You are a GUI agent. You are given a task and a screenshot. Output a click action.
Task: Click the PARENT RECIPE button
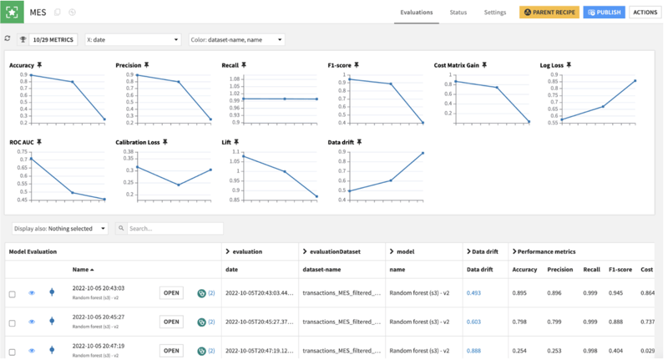point(549,13)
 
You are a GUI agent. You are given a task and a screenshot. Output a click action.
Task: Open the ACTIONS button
point(645,13)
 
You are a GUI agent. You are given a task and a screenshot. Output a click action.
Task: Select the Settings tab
point(495,13)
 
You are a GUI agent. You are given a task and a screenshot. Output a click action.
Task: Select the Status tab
point(458,13)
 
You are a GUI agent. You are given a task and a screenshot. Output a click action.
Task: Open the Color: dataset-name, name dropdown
point(236,39)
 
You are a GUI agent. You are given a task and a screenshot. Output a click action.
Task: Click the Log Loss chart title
point(551,64)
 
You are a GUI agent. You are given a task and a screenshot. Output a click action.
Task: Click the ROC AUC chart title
point(22,143)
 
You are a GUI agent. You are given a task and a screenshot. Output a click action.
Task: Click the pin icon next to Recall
point(243,64)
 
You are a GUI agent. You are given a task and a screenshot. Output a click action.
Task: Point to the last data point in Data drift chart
point(423,153)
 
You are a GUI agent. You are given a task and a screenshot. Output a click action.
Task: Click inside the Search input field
point(174,228)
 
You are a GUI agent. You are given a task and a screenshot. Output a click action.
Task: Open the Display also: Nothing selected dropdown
point(60,228)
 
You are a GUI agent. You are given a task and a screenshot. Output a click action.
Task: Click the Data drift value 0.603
point(473,322)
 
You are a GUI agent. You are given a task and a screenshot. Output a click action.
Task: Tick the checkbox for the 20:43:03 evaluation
point(12,294)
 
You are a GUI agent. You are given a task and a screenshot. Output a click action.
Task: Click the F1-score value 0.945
point(620,293)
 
